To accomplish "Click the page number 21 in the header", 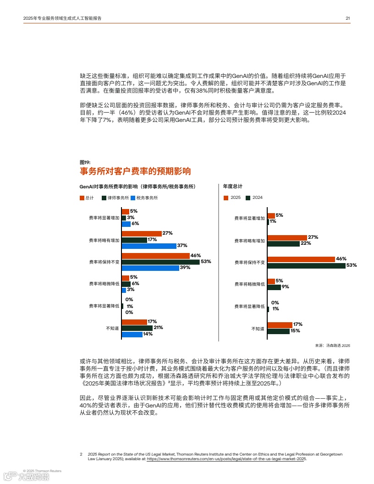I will pyautogui.click(x=348, y=18).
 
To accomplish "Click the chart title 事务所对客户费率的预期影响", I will pyautogui.click(x=135, y=171).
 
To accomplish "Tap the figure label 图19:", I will pyautogui.click(x=85, y=162).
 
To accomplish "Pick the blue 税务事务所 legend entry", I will pyautogui.click(x=144, y=198).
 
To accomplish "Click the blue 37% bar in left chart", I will pyautogui.click(x=149, y=246).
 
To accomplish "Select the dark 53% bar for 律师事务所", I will pyautogui.click(x=160, y=262).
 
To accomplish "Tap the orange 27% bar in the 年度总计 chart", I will pyautogui.click(x=287, y=237).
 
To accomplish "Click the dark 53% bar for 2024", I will pyautogui.click(x=306, y=265).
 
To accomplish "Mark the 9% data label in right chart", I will pyautogui.click(x=285, y=287).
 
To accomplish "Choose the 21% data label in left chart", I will pyautogui.click(x=159, y=328).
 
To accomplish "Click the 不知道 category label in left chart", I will pyautogui.click(x=112, y=328).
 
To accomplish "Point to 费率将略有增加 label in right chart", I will pyautogui.click(x=249, y=241).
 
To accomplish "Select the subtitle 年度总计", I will pyautogui.click(x=232, y=187).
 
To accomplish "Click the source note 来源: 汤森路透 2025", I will pyautogui.click(x=332, y=345).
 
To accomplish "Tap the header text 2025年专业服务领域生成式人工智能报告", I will pyautogui.click(x=62, y=18).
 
